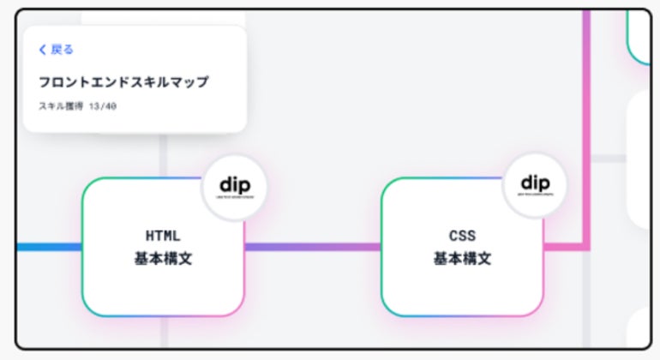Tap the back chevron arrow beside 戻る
click(x=43, y=50)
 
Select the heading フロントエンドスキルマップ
click(x=123, y=82)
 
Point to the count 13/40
click(x=103, y=106)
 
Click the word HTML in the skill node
click(x=163, y=235)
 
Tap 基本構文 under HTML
click(x=163, y=258)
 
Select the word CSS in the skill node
click(x=462, y=235)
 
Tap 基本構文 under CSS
click(x=462, y=258)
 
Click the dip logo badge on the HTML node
click(x=235, y=187)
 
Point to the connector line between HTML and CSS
click(x=313, y=247)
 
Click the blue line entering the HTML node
click(x=47, y=247)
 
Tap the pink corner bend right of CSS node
click(x=586, y=247)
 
